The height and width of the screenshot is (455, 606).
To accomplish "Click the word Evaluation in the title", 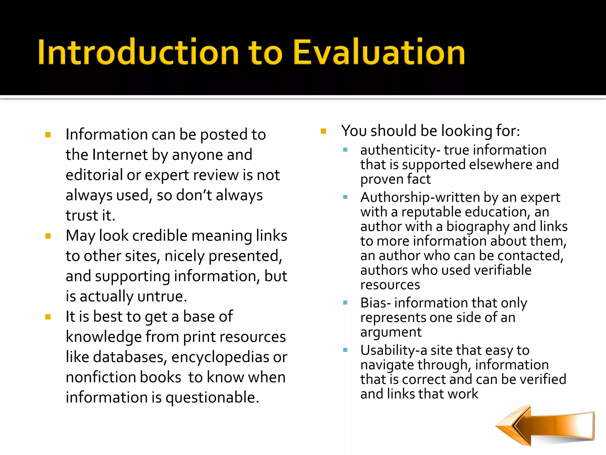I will coord(379,52).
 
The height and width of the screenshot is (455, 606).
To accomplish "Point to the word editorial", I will coord(94,175).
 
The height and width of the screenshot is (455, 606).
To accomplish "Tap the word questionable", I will coord(212,398).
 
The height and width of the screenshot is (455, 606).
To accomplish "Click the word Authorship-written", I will coord(420,197).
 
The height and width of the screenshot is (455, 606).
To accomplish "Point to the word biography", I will coord(478,227).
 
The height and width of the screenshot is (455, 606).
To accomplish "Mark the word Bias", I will coord(373,303).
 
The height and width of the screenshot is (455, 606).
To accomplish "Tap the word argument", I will coord(391,332).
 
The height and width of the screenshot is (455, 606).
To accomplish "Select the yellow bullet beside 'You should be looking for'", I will coord(323,131).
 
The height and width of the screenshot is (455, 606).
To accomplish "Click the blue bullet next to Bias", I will coord(345,303).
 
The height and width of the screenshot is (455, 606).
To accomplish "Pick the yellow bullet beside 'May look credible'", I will coord(48,236).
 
